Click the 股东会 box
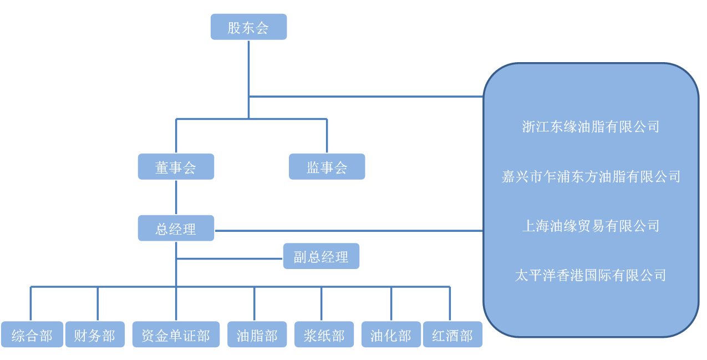point(248,27)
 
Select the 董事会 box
point(176,167)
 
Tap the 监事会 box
point(327,167)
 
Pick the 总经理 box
point(176,228)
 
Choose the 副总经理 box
point(321,256)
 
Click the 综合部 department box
point(32,334)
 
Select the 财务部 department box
point(95,334)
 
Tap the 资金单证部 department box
point(176,334)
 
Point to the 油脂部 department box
point(257,334)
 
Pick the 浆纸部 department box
point(324,334)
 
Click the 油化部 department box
point(391,334)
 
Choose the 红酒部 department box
point(452,334)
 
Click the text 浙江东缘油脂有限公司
point(591,127)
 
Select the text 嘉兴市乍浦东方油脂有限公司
point(591,177)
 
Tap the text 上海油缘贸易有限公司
point(591,226)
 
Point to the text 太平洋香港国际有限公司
point(591,275)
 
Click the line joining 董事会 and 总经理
point(176,197)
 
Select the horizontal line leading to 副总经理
point(230,258)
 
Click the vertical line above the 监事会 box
point(327,136)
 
